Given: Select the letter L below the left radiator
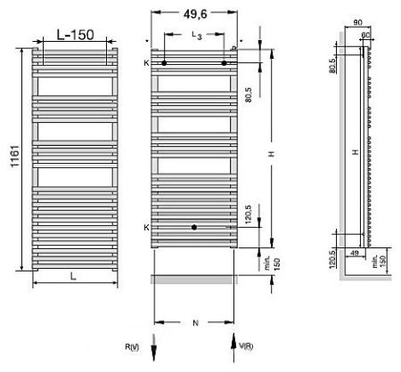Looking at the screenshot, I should click(72, 277).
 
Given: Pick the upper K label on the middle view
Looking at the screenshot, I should click(146, 63).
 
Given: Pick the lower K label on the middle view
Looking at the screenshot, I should click(146, 228).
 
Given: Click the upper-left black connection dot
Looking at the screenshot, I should click(164, 63).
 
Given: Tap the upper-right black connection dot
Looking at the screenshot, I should click(224, 63).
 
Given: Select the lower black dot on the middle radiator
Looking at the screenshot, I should click(193, 228).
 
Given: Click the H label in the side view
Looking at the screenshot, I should click(354, 152).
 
